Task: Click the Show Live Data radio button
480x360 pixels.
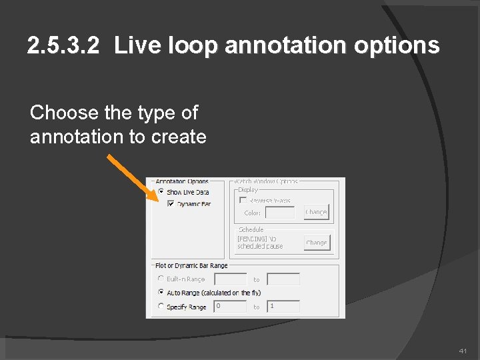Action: coord(161,192)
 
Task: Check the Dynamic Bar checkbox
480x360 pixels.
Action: coord(171,203)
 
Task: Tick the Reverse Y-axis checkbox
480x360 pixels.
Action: coord(243,200)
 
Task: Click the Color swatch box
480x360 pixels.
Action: coord(279,213)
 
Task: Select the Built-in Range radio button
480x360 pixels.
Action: coord(161,279)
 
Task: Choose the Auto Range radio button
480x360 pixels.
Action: coord(161,292)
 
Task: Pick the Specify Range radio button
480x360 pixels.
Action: coord(161,306)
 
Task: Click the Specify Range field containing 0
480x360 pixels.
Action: coord(230,306)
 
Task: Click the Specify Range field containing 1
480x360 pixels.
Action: coord(283,306)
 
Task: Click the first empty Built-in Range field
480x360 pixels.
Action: coord(230,279)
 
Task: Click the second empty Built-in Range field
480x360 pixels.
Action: coord(283,279)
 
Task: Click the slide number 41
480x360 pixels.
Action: coord(463,351)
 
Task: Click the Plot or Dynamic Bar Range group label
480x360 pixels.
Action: coord(191,266)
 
